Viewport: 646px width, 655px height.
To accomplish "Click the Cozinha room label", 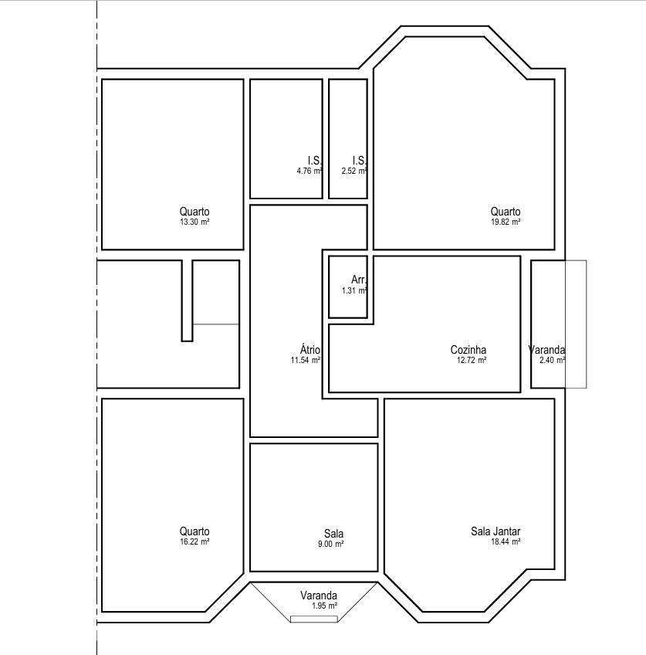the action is (468, 350).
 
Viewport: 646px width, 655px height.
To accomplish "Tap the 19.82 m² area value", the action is (506, 222).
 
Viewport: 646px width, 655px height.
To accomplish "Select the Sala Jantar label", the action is (495, 531).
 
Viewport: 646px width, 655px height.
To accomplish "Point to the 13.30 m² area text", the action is (194, 222).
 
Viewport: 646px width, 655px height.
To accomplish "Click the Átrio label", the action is (310, 350).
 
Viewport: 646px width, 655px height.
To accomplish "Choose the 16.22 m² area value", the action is (194, 541).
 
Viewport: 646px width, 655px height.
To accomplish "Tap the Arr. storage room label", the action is (359, 280).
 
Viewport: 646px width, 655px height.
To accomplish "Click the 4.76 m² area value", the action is (309, 171).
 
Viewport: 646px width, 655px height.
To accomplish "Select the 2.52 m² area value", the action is (354, 171).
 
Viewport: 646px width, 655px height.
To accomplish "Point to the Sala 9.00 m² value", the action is (331, 544).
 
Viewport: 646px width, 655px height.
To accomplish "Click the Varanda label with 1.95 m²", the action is (319, 596).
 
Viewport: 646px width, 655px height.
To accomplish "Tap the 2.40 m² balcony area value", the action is (553, 360).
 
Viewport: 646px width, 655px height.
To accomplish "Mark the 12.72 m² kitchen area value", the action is (472, 360).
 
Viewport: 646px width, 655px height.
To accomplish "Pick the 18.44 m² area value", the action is (506, 541).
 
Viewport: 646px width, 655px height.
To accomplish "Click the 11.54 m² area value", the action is (306, 360).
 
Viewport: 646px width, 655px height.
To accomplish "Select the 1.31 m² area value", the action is (355, 290).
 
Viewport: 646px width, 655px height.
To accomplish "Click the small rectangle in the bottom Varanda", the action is (314, 619).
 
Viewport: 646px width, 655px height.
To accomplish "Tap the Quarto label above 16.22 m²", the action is (194, 531).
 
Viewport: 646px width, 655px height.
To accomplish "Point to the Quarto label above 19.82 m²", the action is (506, 212).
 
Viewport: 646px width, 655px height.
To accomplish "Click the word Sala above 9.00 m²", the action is (334, 534).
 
